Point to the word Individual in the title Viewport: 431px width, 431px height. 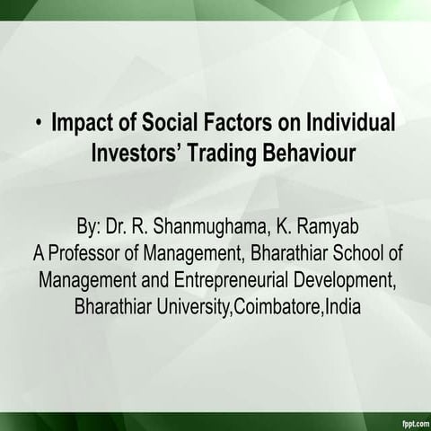point(353,122)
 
